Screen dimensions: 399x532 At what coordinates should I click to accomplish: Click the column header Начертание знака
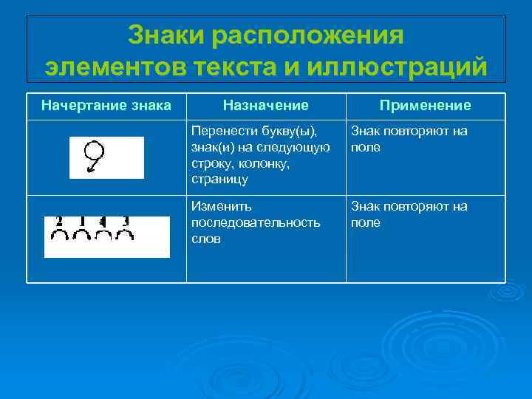tap(106, 106)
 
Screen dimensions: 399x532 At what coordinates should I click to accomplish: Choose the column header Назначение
tap(266, 106)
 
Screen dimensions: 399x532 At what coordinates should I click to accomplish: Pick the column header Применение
tap(426, 106)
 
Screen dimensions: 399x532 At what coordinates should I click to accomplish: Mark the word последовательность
tap(256, 222)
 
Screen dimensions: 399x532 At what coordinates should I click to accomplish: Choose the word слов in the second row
tap(205, 239)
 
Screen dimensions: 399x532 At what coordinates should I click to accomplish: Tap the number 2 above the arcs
tap(58, 221)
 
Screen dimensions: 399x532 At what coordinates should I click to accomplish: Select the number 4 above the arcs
tap(103, 221)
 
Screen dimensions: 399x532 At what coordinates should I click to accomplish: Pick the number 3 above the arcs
tap(126, 221)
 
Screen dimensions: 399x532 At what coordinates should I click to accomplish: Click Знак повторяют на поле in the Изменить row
tap(409, 214)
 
